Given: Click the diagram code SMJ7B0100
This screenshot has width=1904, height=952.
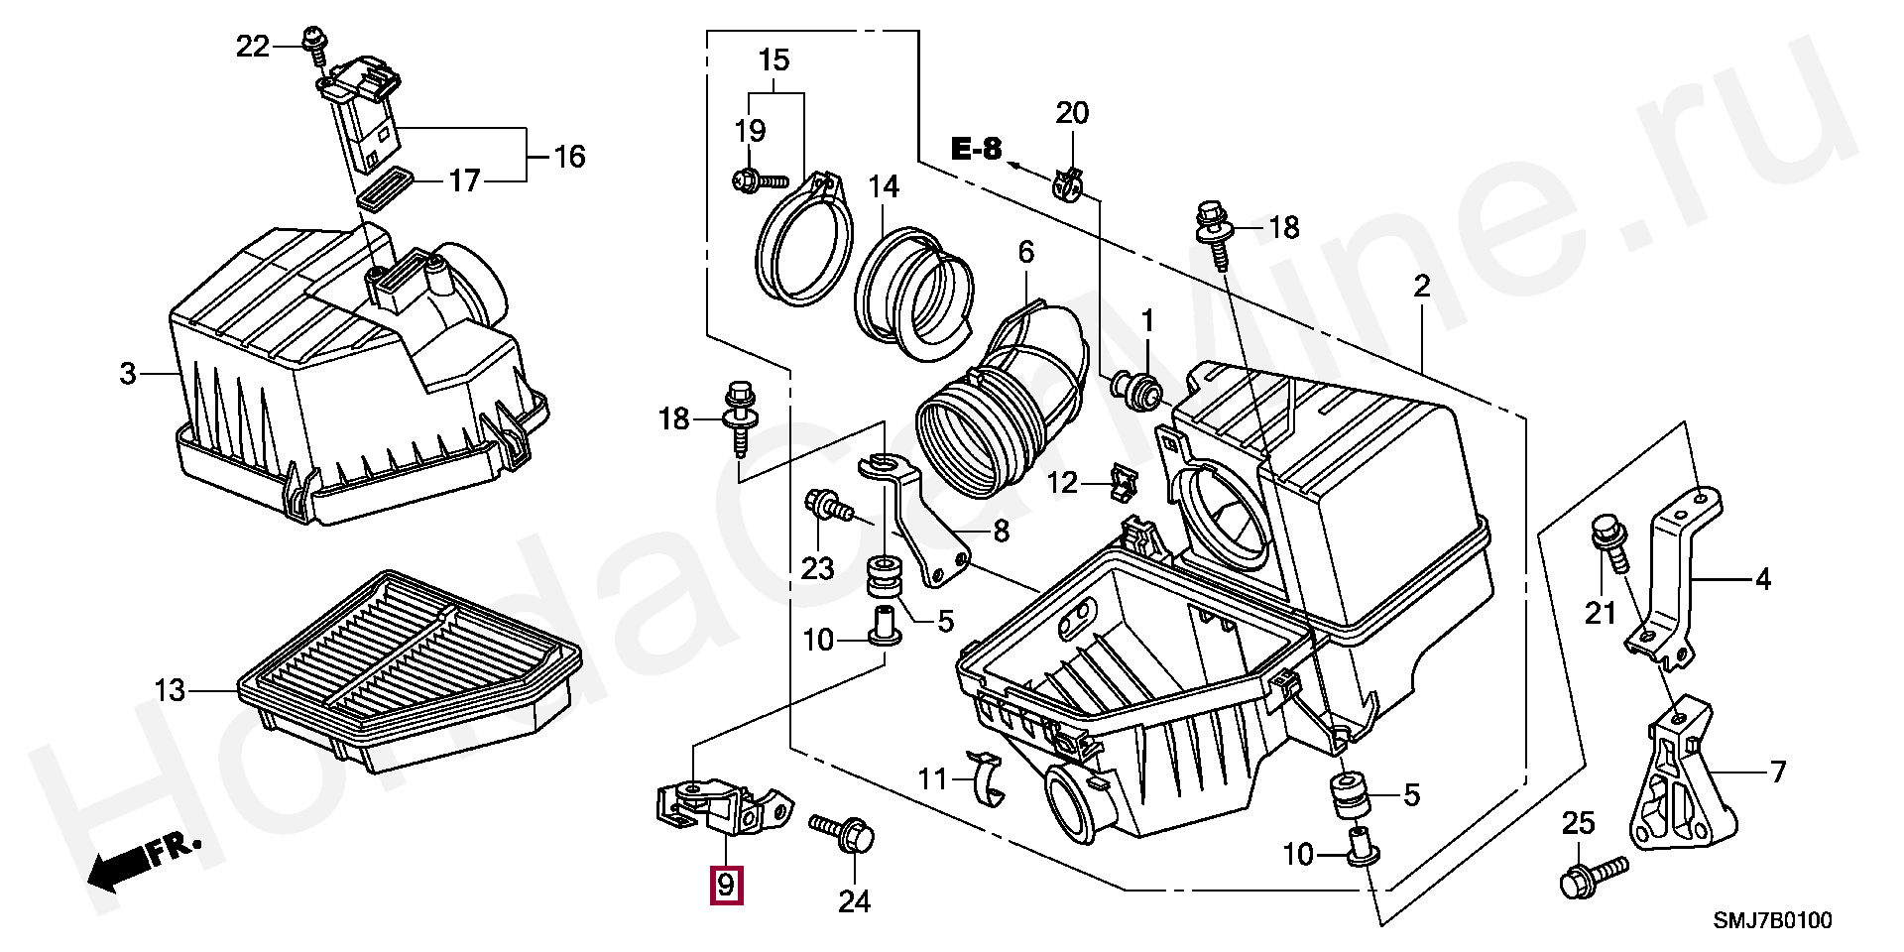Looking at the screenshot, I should point(1773,921).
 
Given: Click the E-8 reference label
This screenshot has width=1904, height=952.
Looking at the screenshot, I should point(976,150).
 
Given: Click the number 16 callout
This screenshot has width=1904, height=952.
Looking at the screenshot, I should point(569,157).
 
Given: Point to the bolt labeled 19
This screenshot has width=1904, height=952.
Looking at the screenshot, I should point(758,181).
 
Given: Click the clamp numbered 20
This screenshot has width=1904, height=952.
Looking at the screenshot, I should point(1069,182).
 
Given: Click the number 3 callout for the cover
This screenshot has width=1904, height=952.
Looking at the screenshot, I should point(127,374).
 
